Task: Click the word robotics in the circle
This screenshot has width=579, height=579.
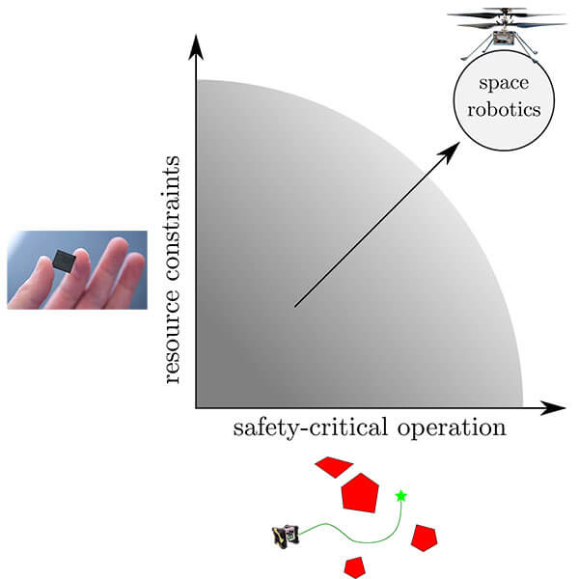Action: coord(504,109)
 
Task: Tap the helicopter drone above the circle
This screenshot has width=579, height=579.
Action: coord(507,34)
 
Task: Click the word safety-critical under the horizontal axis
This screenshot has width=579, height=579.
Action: coord(311,428)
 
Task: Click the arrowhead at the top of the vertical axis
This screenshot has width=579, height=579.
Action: coord(196,47)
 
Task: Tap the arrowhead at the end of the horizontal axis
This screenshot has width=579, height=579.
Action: coord(553,408)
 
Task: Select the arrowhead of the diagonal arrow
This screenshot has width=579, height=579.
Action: coord(449,153)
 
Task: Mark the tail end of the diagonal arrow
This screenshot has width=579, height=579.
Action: coord(294,306)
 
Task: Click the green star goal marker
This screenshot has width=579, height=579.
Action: coord(401,496)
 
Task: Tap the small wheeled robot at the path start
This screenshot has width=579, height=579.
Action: coord(286,537)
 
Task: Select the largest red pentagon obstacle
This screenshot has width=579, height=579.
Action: coord(360,493)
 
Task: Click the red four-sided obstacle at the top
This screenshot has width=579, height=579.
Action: coord(334,467)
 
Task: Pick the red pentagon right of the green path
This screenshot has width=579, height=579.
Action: coord(425,538)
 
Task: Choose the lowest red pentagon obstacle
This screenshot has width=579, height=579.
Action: coord(355,567)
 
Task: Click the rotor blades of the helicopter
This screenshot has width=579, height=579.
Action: coord(507,17)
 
